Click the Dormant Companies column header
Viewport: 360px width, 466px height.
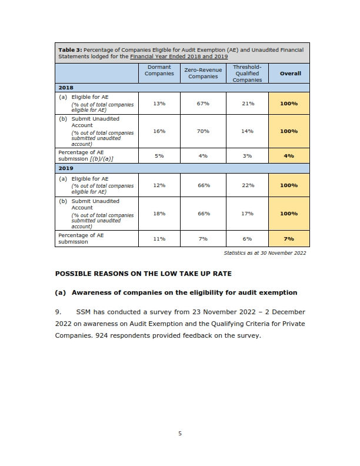[159, 71]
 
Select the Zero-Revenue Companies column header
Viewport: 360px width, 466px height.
[203, 73]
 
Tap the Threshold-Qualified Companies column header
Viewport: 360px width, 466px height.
[247, 74]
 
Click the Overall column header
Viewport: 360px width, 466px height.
[290, 74]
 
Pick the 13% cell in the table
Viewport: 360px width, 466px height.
[159, 104]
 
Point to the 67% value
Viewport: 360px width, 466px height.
[204, 104]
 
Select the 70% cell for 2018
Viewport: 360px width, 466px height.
[204, 131]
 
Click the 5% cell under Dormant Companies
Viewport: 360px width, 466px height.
[159, 156]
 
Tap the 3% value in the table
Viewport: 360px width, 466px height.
[247, 156]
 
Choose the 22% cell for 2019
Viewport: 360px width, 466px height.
[247, 185]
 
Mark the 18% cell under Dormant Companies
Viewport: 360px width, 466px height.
[159, 214]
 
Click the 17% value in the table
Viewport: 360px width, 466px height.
[247, 214]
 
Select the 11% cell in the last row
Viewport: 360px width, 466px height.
[159, 239]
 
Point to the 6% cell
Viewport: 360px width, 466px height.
[247, 239]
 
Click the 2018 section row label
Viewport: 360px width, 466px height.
[66, 87]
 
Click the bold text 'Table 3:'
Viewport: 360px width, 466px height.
[70, 50]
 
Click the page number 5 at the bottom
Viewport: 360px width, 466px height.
[180, 434]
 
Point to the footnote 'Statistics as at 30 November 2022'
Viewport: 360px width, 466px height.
[265, 253]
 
